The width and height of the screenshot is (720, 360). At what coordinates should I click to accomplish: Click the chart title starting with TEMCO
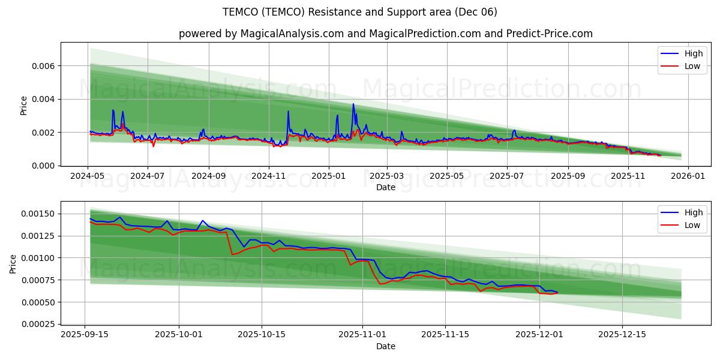pos(359,12)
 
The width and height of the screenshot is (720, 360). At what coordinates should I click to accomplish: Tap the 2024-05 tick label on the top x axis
pos(88,177)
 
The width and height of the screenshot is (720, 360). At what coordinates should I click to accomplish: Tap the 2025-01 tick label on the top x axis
pos(328,177)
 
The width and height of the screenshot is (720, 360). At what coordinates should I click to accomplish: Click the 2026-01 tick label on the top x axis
pos(688,177)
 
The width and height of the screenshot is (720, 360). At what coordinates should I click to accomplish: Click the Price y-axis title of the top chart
pos(24,106)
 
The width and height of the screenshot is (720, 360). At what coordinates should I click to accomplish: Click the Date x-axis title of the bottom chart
pos(386,346)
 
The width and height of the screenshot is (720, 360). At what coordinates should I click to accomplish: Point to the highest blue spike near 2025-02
pos(353,104)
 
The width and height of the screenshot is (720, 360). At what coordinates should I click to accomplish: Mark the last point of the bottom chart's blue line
pos(557,292)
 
